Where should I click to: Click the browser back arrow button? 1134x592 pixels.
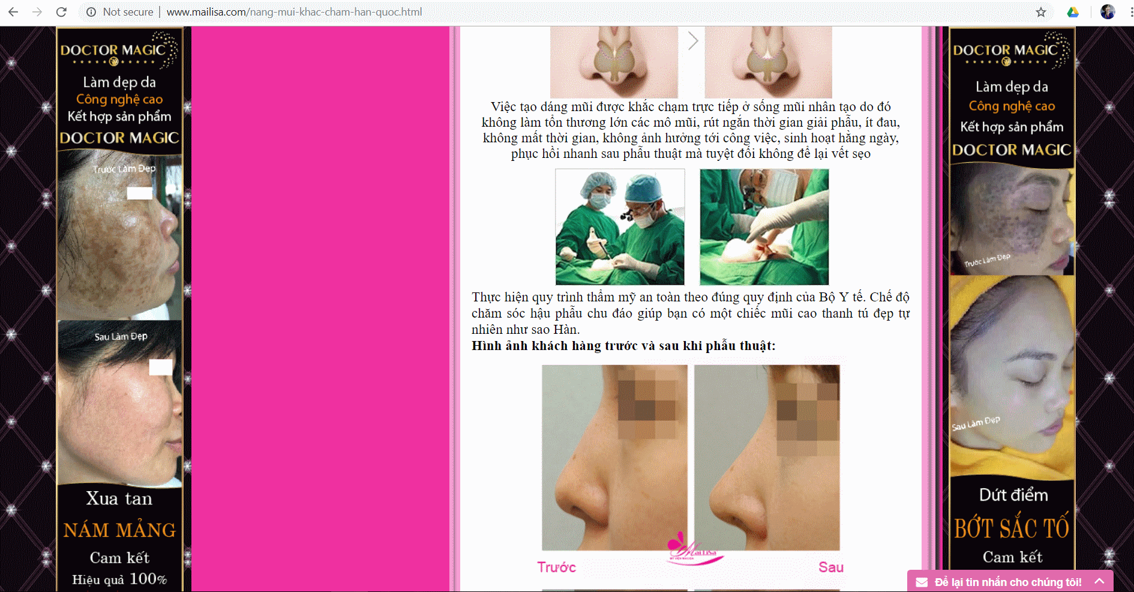13,12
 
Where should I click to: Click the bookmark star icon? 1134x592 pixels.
1041,12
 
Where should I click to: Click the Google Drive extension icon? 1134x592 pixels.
1073,12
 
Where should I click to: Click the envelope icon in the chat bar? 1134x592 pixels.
922,582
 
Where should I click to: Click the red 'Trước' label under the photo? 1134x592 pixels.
556,567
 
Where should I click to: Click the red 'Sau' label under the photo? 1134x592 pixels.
831,567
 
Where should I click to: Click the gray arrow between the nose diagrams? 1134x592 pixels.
693,41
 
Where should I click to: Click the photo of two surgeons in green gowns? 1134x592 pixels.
620,227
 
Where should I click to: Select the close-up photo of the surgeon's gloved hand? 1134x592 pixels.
764,227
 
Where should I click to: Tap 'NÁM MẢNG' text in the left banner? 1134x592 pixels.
120,530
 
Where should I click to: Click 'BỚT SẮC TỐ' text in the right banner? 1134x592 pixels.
1012,528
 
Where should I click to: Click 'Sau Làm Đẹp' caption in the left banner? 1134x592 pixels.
121,336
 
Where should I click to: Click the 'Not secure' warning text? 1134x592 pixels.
128,12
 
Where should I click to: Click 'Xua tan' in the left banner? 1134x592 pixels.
119,499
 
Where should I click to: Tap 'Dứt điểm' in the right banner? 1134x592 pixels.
1013,495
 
